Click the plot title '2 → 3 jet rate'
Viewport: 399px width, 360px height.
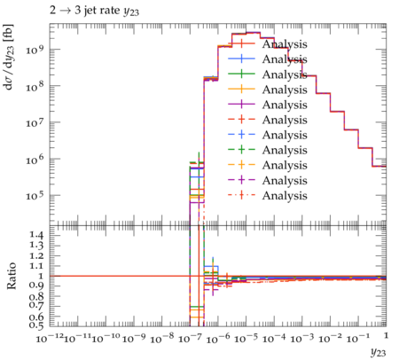coord(85,11)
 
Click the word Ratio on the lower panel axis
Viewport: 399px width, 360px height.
coord(11,276)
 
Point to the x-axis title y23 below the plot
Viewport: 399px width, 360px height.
coord(378,352)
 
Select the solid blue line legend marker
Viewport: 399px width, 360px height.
coord(241,59)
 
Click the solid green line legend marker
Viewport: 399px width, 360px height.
coord(241,74)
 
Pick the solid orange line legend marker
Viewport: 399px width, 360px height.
coord(241,89)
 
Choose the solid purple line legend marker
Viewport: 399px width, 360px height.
coord(241,105)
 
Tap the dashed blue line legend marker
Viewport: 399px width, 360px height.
coord(241,135)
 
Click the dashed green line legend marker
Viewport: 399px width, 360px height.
coord(241,150)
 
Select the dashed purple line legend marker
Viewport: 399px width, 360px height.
coord(241,180)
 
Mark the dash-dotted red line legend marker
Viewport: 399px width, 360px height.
coord(241,195)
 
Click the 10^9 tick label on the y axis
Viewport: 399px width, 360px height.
coord(35,49)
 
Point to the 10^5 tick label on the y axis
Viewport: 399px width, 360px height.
coord(35,195)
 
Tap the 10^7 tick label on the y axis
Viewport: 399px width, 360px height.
coord(35,122)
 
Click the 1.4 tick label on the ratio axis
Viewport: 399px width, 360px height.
coord(36,235)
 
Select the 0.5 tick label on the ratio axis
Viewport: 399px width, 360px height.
coord(36,325)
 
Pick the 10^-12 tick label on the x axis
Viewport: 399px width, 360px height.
coord(50,338)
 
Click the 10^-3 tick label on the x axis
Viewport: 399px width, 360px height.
coord(302,338)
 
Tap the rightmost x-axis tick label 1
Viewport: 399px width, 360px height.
coord(386,335)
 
